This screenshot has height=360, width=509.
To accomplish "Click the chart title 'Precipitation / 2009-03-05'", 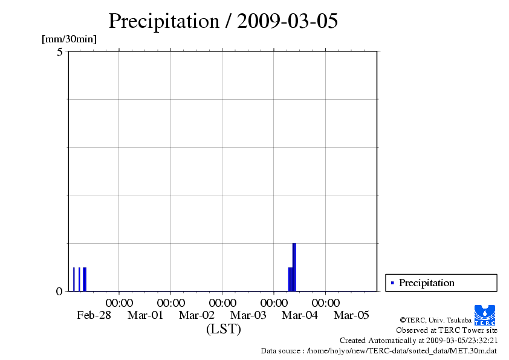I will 223,21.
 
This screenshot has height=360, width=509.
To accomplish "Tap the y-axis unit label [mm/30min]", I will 69,39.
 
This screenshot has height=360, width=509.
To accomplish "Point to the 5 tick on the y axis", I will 60,52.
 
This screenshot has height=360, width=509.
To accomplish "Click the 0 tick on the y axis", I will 59,291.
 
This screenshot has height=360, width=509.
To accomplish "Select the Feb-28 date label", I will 94,315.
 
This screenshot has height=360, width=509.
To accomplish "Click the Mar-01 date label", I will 145,315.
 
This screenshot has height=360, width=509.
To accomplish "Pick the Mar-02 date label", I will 197,315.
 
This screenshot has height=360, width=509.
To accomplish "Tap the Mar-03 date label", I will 248,315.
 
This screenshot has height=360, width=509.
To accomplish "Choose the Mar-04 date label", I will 300,315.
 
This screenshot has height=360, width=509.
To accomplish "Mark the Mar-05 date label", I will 352,315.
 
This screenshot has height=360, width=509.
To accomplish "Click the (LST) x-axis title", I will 223,329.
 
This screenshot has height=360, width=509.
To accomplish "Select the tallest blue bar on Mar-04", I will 294,266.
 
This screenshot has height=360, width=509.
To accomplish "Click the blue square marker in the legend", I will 392,283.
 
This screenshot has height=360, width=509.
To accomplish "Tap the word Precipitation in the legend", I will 427,283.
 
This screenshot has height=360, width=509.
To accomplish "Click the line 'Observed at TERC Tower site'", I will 447,330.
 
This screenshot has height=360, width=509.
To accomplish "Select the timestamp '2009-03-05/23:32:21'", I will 462,341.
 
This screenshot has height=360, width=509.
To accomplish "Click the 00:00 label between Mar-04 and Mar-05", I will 326,303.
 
